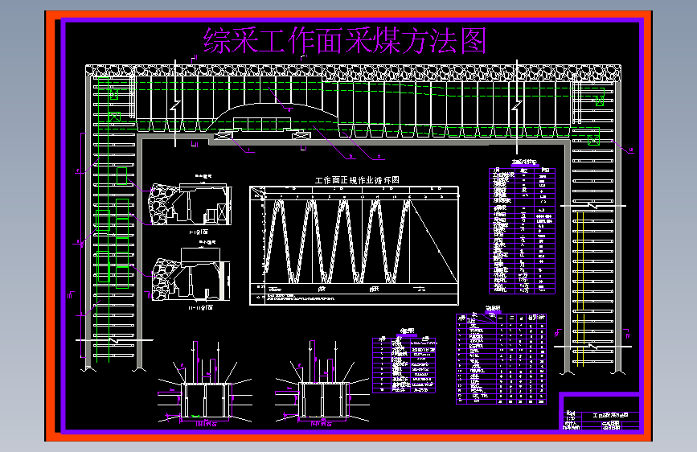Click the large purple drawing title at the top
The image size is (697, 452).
pos(346,39)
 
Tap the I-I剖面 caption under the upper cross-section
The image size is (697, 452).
pos(197,232)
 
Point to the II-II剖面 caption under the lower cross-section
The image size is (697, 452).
pos(197,306)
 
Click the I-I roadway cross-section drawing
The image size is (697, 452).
pos(193,204)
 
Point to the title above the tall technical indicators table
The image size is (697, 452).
pos(523,163)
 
